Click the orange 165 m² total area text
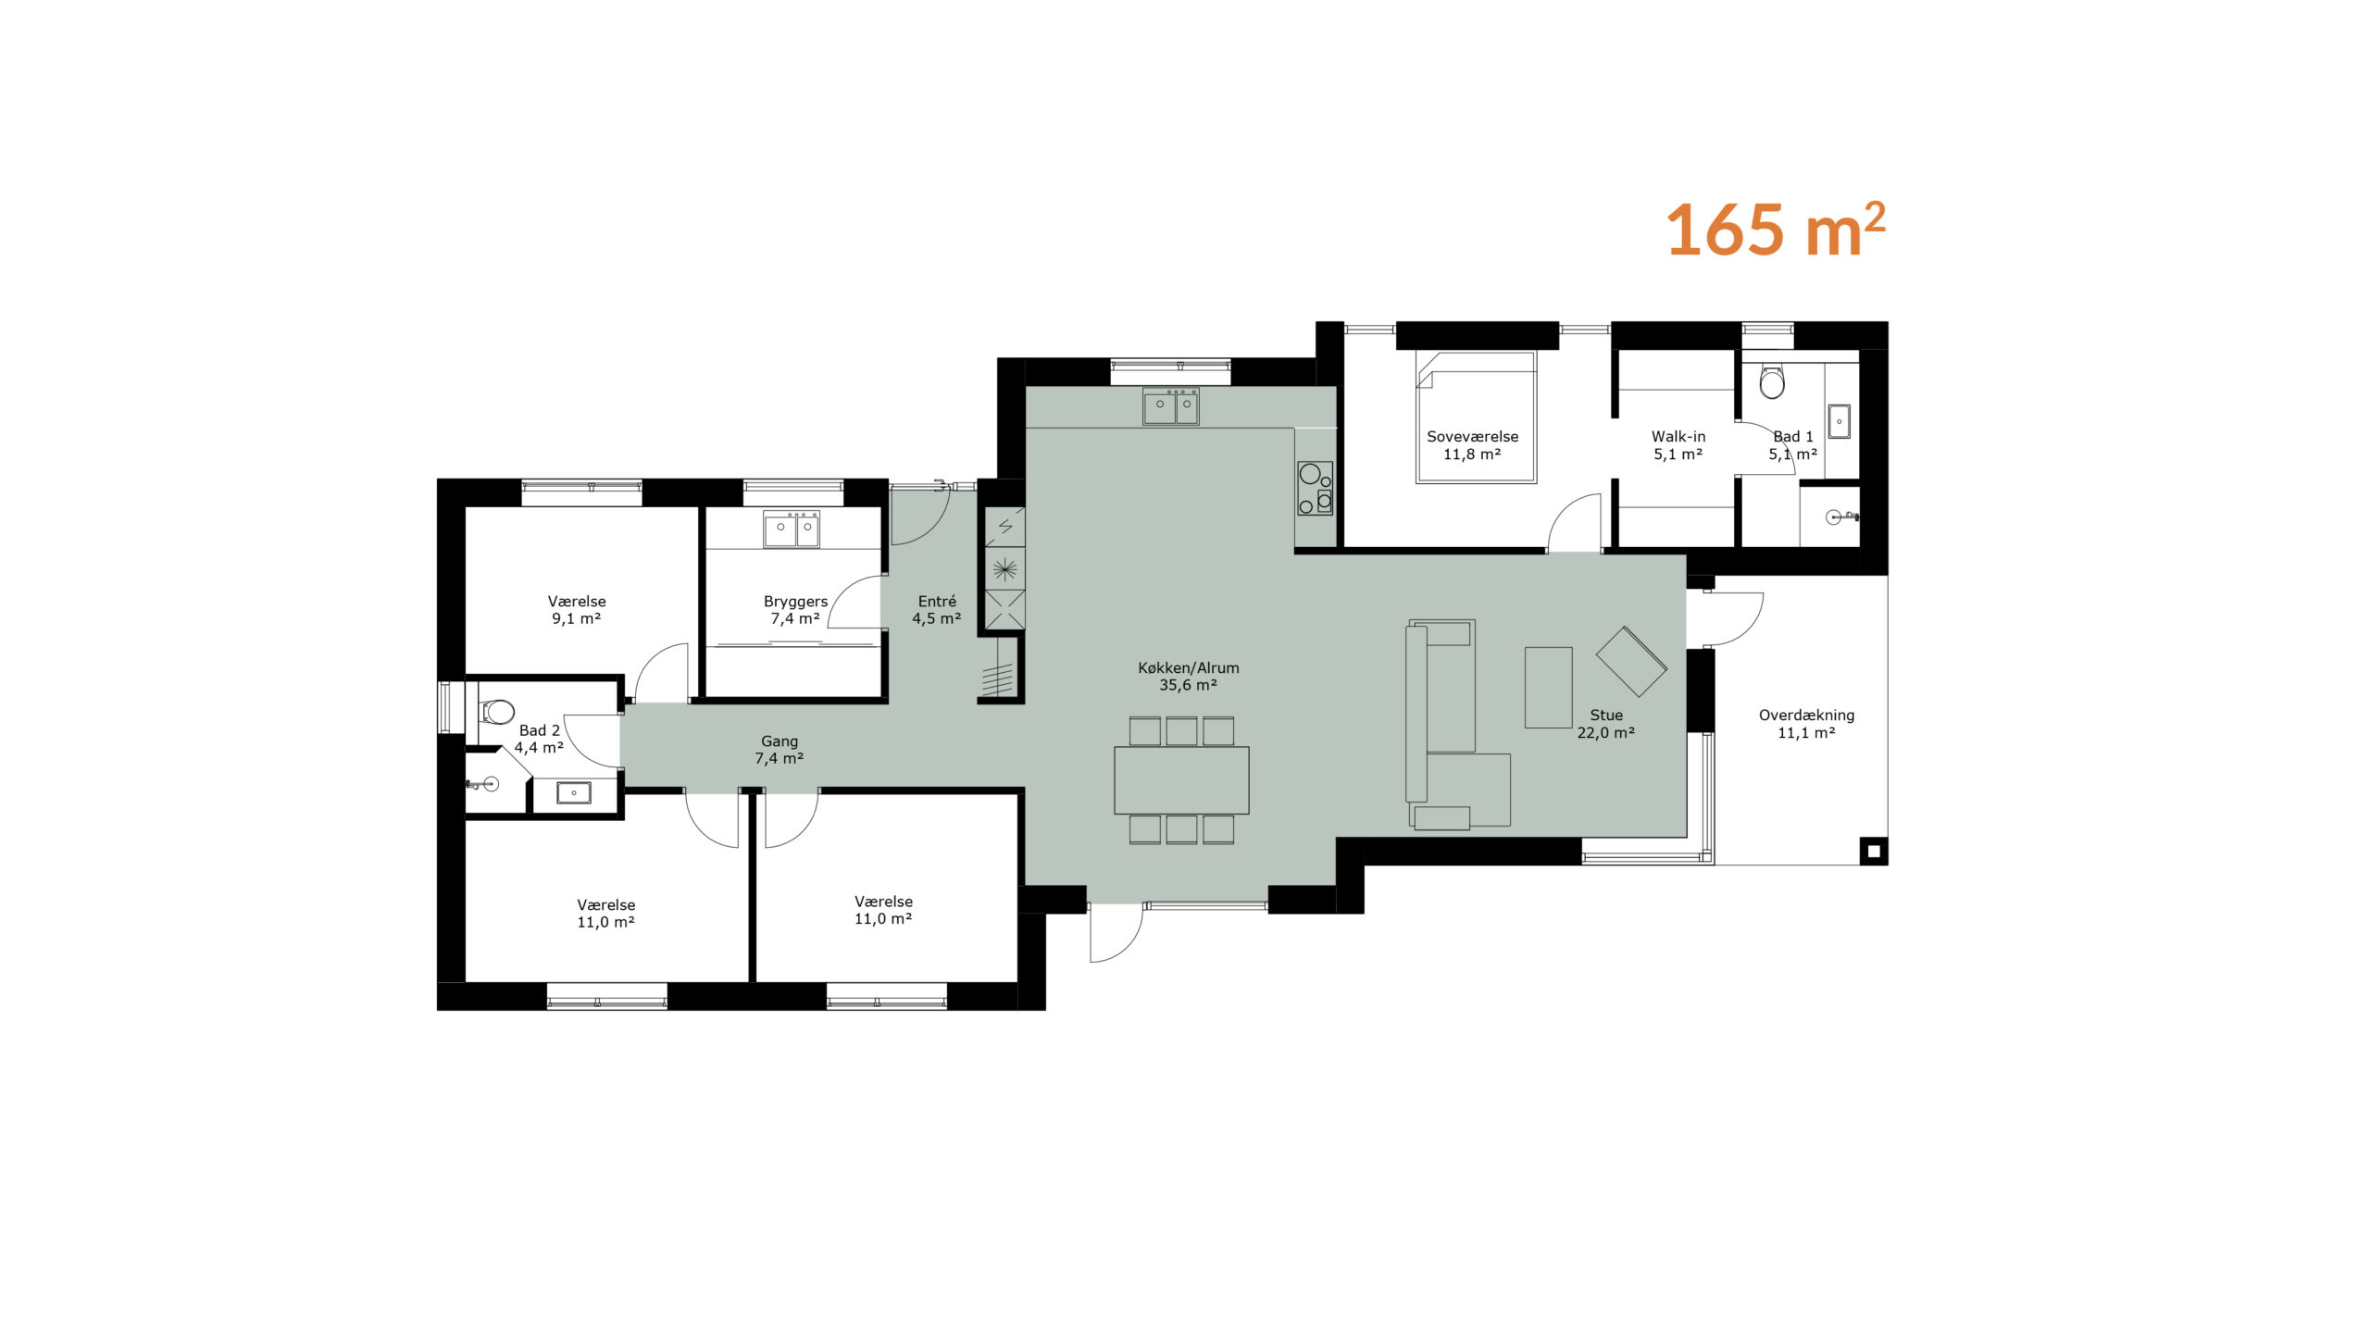1776,229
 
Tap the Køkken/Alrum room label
1189,676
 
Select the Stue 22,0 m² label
1606,723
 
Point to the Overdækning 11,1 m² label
1806,723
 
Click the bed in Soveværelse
1476,417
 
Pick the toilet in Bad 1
1772,380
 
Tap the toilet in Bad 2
497,712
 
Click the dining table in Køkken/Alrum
1181,779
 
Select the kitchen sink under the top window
1170,406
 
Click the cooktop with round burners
1315,488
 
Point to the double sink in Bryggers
791,529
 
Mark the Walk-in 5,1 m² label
1678,444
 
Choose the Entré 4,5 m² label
937,609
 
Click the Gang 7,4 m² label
779,749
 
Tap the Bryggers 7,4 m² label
795,609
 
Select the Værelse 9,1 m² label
576,609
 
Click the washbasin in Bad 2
573,792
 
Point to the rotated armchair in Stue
1631,661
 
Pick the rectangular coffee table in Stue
1548,687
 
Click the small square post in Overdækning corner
1873,851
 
